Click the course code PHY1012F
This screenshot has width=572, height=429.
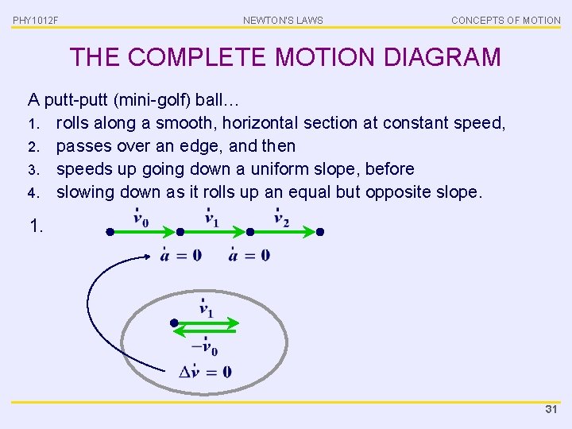tap(36, 20)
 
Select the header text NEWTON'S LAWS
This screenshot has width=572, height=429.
tap(283, 20)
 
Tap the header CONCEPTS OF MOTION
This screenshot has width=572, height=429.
tap(505, 20)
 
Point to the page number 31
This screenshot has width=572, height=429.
tap(551, 410)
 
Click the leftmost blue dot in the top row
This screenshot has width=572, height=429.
tap(110, 232)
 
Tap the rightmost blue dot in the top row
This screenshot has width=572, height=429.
tap(320, 232)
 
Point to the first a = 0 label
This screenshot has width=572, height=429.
tap(180, 254)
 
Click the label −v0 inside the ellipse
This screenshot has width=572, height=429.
tap(205, 346)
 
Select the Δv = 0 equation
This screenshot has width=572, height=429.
tap(205, 370)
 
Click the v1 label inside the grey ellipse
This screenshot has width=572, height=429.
tap(205, 310)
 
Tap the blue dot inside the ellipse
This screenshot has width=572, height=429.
tap(174, 323)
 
